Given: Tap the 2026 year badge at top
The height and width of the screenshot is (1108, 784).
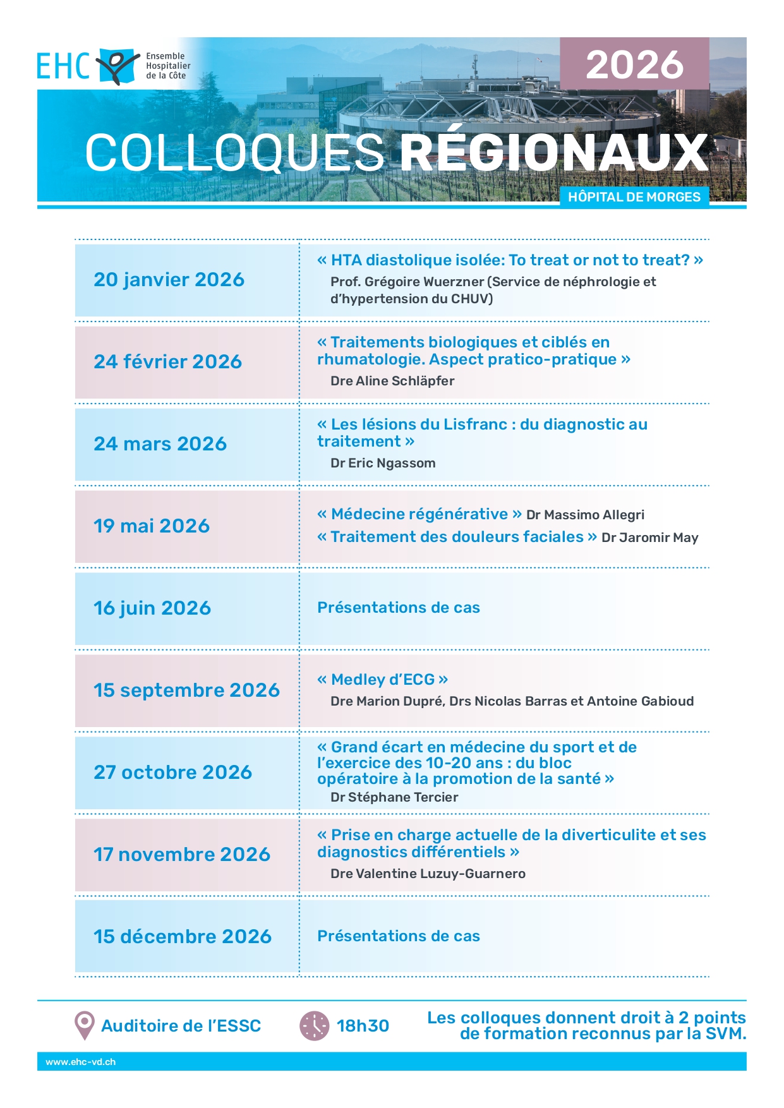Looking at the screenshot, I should click(634, 64).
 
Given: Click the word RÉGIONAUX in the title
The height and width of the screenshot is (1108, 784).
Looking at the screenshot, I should click(554, 153).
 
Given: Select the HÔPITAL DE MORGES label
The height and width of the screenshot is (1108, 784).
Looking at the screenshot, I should click(634, 197).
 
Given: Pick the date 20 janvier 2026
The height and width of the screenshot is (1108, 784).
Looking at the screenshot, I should click(169, 280).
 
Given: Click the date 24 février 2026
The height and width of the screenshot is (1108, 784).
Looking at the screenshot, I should click(167, 362).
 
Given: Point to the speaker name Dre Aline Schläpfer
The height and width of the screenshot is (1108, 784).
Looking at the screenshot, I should click(392, 381).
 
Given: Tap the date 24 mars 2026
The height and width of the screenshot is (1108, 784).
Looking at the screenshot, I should click(160, 444).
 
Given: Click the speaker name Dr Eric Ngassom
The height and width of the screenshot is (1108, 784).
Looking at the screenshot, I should click(383, 463).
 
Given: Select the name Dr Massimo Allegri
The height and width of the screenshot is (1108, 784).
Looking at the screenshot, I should click(585, 515).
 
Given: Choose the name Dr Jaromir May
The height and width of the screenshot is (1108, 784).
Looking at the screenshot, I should click(649, 538).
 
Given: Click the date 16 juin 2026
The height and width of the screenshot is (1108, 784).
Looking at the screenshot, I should click(152, 608).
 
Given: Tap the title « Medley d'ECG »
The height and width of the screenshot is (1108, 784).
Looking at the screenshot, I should click(383, 680).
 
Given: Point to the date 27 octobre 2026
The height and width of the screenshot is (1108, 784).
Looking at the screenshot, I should click(172, 773).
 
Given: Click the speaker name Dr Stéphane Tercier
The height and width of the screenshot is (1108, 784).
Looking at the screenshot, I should click(394, 797).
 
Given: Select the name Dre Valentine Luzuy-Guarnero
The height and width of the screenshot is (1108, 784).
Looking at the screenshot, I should click(428, 874).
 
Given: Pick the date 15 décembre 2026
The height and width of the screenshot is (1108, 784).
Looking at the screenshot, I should click(183, 937).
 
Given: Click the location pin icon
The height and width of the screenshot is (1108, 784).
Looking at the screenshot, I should click(84, 1025).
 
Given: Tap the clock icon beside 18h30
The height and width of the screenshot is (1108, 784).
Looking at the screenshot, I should click(314, 1025).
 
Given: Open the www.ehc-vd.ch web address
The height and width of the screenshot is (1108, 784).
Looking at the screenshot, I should click(80, 1062).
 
